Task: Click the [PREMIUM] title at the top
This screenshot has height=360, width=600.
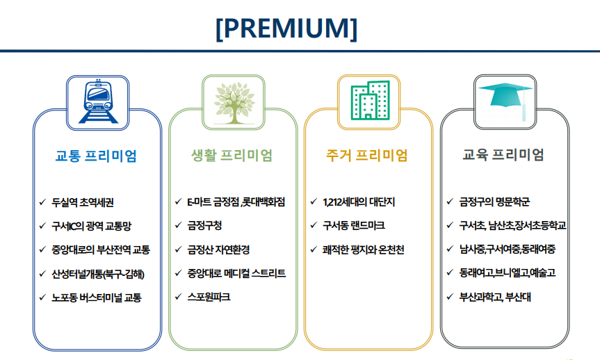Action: click(286, 28)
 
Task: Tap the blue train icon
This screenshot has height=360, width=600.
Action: click(98, 101)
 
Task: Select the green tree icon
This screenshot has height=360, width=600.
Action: click(234, 103)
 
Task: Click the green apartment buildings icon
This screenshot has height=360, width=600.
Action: click(370, 100)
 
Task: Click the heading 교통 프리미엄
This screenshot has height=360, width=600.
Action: click(96, 156)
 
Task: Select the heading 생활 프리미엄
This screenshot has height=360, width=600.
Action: click(232, 155)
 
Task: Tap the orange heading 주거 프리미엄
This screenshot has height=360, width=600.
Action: click(367, 155)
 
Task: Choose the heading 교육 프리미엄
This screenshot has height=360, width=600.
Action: click(503, 154)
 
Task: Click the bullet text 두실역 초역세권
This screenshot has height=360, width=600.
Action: click(83, 202)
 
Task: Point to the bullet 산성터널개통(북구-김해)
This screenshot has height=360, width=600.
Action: click(98, 274)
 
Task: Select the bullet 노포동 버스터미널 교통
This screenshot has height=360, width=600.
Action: click(97, 297)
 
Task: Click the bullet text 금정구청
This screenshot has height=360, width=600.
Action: click(204, 225)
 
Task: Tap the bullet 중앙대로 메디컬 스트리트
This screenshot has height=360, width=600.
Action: click(236, 273)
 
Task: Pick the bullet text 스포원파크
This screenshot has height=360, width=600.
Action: click(209, 297)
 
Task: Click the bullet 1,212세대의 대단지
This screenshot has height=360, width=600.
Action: click(359, 202)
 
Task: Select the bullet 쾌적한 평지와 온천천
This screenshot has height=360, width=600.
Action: click(363, 249)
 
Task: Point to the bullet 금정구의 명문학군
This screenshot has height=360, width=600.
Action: click(494, 202)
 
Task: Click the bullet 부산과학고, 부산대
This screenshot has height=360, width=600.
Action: click(495, 297)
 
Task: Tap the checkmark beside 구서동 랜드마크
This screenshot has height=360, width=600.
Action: click(314, 225)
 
